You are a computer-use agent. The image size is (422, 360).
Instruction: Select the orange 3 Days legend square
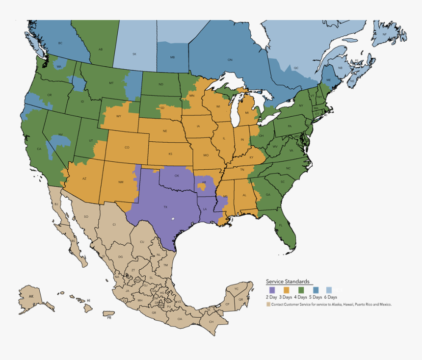click(287, 290)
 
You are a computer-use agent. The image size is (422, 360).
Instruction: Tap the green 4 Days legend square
click(301, 290)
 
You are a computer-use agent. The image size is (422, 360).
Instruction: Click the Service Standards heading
click(288, 282)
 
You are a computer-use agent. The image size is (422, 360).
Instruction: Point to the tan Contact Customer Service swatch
click(268, 304)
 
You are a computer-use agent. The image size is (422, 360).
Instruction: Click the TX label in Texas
click(165, 207)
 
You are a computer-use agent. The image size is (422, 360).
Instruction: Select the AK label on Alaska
click(31, 296)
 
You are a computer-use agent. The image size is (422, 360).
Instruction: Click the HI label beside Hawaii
click(88, 300)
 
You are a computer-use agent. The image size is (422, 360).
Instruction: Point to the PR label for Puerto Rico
click(109, 317)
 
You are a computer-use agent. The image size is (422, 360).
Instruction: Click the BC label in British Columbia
click(60, 43)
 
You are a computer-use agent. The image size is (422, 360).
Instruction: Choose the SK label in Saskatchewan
click(134, 54)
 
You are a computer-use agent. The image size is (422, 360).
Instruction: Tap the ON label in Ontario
click(230, 60)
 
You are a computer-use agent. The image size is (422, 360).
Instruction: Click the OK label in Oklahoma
click(177, 175)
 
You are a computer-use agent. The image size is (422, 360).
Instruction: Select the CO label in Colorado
click(127, 147)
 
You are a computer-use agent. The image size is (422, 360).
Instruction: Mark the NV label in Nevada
click(61, 134)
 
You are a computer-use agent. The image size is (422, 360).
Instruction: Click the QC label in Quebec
click(296, 68)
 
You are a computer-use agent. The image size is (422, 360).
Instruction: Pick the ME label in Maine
click(329, 80)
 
